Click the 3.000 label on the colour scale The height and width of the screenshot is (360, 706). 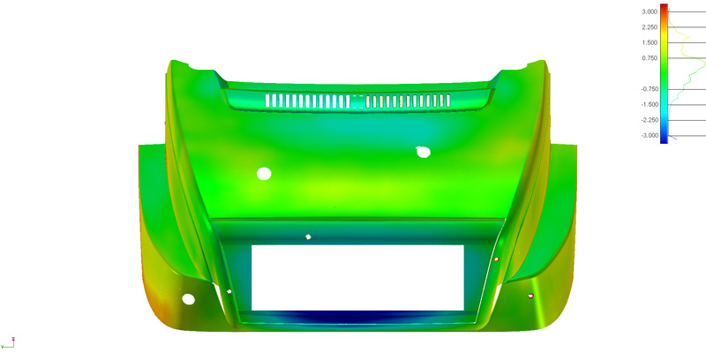click(x=649, y=11)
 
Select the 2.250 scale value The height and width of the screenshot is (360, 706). click(x=649, y=27)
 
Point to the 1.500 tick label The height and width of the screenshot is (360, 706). click(x=649, y=42)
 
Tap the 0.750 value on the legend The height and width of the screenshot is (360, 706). click(x=649, y=58)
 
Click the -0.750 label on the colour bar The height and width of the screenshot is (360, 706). click(x=649, y=89)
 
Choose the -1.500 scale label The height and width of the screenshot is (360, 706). click(x=649, y=104)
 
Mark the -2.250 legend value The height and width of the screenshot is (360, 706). click(x=649, y=120)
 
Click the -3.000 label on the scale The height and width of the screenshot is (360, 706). click(x=649, y=136)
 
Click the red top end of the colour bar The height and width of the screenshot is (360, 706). click(x=665, y=7)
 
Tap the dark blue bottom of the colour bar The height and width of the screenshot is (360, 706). click(x=665, y=139)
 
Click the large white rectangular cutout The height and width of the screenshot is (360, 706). click(x=357, y=277)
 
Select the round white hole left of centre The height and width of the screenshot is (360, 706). click(x=263, y=173)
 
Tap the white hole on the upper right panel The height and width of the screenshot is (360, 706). click(x=423, y=152)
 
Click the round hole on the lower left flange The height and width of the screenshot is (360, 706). click(x=188, y=300)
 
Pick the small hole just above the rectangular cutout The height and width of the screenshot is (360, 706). click(x=308, y=236)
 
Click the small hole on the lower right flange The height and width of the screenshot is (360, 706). click(x=530, y=296)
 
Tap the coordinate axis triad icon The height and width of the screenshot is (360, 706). click(x=12, y=341)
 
